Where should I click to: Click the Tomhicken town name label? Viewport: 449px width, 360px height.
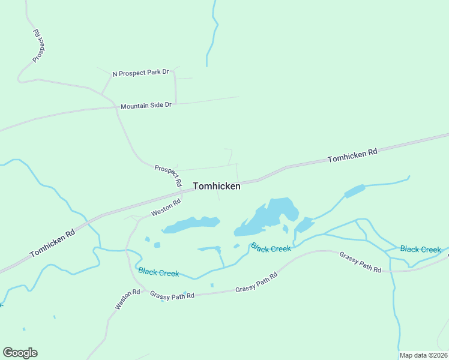217,187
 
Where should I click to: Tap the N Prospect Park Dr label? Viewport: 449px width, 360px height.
140,73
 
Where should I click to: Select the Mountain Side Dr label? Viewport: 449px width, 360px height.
146,106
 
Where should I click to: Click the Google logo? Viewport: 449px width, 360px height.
20,353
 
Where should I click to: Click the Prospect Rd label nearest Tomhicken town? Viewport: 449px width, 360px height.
168,175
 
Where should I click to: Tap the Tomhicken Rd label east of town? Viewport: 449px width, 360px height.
352,156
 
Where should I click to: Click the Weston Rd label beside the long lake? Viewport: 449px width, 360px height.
166,208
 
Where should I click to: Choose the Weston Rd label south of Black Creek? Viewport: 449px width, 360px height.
127,299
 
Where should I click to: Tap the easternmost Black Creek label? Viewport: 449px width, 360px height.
420,249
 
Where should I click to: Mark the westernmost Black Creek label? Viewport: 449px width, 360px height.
158,272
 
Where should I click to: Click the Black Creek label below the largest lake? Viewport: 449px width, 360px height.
271,247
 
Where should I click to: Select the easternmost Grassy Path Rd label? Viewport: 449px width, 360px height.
360,262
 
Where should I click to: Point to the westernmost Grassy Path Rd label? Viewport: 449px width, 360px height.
172,295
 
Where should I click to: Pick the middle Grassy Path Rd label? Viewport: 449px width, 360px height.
256,283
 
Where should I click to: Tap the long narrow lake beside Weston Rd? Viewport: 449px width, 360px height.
190,224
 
